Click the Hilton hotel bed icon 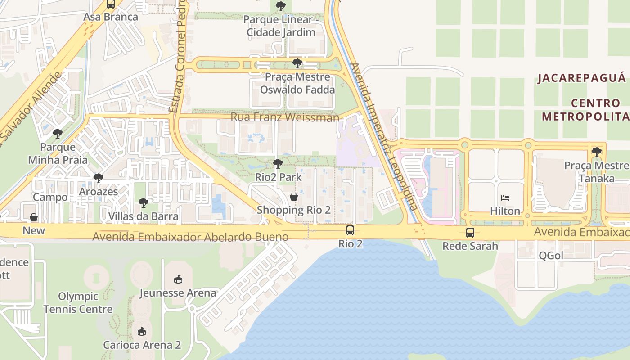tap(505, 198)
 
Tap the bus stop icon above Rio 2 tap(350, 231)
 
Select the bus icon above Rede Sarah tap(470, 233)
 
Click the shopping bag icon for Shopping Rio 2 tap(294, 197)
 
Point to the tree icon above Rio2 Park tap(278, 164)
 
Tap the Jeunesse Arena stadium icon tap(178, 279)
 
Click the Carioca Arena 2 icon tap(142, 332)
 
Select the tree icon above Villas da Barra tap(144, 203)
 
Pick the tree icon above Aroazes tap(99, 178)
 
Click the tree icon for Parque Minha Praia tap(58, 134)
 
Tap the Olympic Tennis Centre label tap(78, 303)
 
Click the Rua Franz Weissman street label tap(285, 117)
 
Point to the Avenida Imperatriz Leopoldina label tap(383, 137)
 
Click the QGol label tap(551, 256)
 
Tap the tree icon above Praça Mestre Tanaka tap(597, 152)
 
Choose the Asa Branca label tap(111, 17)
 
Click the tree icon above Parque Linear tap(280, 6)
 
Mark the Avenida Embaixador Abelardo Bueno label tap(190, 237)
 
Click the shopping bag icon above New tap(34, 218)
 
